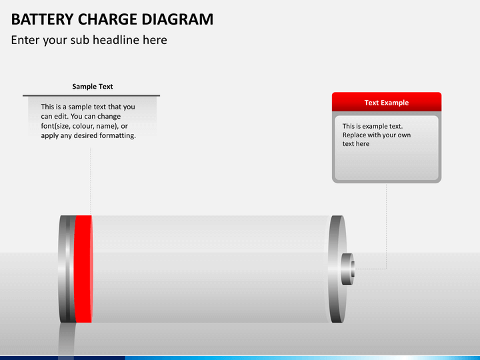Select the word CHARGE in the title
[99, 19]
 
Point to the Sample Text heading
[92, 87]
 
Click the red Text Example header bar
[387, 102]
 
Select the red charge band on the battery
[83, 269]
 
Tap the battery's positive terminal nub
[349, 269]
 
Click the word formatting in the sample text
[114, 136]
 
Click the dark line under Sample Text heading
[91, 95]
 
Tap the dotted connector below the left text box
[91, 180]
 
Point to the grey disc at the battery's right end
[337, 269]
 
